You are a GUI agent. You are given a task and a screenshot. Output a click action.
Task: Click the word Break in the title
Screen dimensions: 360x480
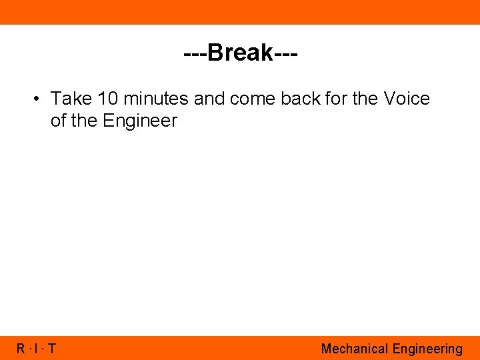pyautogui.click(x=240, y=53)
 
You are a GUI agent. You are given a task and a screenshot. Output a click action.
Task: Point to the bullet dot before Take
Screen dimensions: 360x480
pyautogui.click(x=37, y=99)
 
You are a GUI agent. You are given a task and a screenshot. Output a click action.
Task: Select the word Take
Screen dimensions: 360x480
pyautogui.click(x=71, y=99)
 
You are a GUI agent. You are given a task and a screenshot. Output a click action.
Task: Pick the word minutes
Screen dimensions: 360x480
pyautogui.click(x=157, y=99)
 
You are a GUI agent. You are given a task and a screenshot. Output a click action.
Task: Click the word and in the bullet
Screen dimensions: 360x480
pyautogui.click(x=210, y=99)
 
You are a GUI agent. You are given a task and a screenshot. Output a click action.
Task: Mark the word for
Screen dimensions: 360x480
pyautogui.click(x=337, y=99)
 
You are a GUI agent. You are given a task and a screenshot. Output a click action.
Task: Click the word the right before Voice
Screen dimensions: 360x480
pyautogui.click(x=365, y=99)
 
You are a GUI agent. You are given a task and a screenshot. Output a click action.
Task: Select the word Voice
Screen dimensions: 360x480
pyautogui.click(x=407, y=99)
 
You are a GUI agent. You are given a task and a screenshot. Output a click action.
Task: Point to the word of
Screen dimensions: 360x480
pyautogui.click(x=59, y=121)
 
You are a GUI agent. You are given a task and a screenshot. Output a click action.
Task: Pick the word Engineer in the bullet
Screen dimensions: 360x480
pyautogui.click(x=139, y=121)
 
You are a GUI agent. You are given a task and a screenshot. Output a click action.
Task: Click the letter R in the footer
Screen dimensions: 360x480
pyautogui.click(x=21, y=349)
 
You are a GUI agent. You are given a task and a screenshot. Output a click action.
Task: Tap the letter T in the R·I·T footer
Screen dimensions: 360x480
pyautogui.click(x=52, y=349)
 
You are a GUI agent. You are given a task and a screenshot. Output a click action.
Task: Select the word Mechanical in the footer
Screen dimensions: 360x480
pyautogui.click(x=355, y=349)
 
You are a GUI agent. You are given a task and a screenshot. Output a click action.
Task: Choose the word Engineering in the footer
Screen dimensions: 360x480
pyautogui.click(x=427, y=349)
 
